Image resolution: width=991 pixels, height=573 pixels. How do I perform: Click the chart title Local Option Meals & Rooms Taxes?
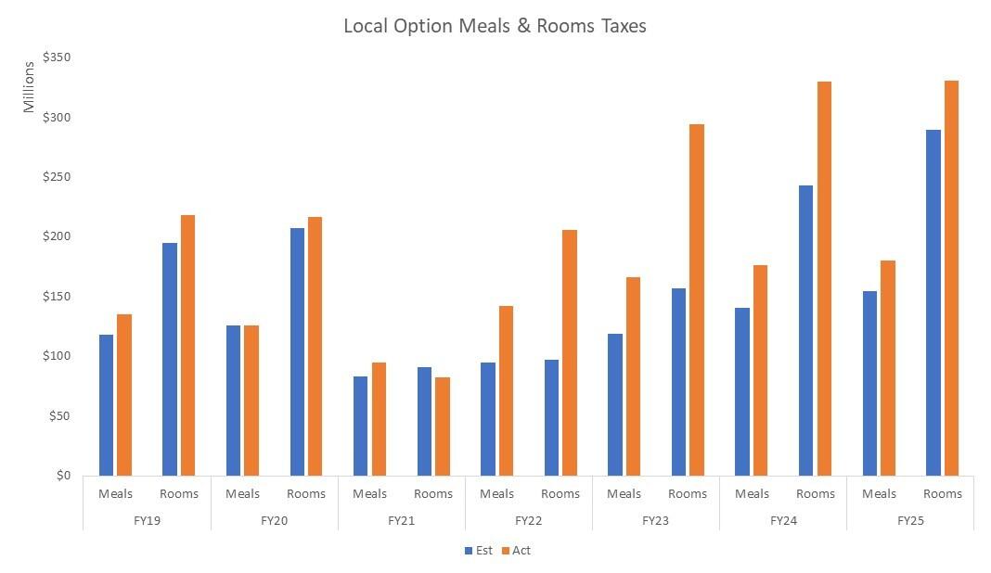[x=495, y=26]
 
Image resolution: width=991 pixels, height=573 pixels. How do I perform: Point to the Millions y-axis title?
[x=29, y=86]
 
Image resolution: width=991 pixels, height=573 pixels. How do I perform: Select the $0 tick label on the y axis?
[x=62, y=476]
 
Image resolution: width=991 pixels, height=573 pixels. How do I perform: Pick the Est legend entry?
[x=479, y=550]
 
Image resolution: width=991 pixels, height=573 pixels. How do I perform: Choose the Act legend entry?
[x=516, y=550]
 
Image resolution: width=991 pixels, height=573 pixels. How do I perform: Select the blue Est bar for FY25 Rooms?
[x=933, y=302]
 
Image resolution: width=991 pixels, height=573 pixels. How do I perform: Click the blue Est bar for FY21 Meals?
[x=360, y=426]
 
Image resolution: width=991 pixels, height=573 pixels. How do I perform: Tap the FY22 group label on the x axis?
[x=529, y=520]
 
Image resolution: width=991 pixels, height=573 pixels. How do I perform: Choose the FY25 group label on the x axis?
[x=910, y=520]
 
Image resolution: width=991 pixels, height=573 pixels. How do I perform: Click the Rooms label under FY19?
[x=179, y=493]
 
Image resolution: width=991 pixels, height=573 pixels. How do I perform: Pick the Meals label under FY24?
[x=752, y=493]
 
